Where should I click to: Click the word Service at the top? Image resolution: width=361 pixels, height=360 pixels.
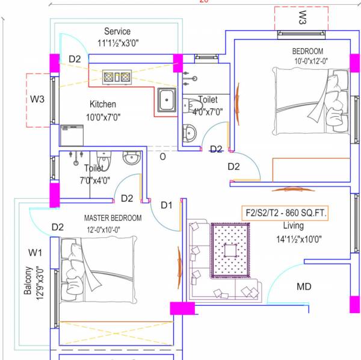pos(117,31)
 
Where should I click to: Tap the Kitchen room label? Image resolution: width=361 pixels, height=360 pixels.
pos(103,104)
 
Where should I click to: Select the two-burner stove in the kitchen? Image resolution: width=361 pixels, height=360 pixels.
pos(117,76)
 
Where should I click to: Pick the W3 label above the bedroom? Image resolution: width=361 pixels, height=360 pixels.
pos(301,17)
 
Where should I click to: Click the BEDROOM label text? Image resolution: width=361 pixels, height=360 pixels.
pos(307,51)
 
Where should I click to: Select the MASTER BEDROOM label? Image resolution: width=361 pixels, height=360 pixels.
pos(113,217)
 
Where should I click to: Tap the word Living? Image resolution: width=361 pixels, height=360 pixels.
pos(294,226)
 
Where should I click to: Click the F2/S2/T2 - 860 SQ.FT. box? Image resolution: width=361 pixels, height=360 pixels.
pos(285,213)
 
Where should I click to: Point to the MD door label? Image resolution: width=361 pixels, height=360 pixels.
pos(304,287)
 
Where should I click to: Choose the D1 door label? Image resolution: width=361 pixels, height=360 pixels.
pos(166,205)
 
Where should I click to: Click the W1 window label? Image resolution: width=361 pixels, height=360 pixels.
pos(35,251)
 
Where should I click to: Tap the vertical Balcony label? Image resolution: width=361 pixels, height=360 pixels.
pos(28,281)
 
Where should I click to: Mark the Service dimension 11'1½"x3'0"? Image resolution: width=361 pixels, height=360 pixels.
pos(117,43)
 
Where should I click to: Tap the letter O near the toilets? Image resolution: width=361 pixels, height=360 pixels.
pos(162,157)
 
